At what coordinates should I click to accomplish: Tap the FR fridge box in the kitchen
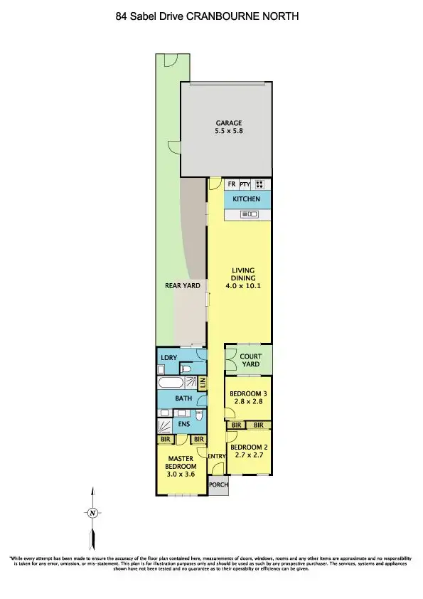[231, 184]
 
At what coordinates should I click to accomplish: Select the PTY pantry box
[245, 184]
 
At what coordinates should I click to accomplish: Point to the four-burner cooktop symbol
[260, 184]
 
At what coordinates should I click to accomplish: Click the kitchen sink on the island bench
[250, 214]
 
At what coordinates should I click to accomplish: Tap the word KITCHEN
[247, 199]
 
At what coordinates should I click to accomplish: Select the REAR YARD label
[178, 286]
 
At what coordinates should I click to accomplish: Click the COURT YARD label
[250, 361]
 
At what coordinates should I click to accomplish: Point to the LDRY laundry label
[169, 356]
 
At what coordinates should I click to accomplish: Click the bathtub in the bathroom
[171, 383]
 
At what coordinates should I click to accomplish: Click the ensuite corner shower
[164, 425]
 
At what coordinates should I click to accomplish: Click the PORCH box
[218, 486]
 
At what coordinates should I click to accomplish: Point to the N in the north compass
[92, 513]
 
